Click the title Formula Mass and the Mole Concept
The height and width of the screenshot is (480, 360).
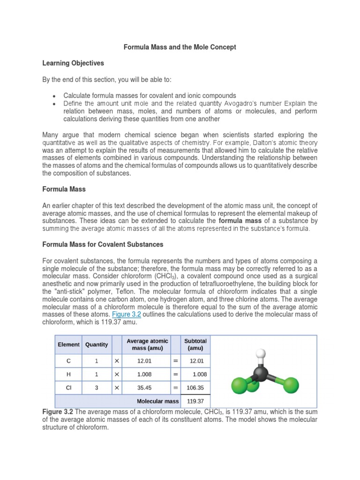click(180, 47)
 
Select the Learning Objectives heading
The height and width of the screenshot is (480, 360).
click(73, 63)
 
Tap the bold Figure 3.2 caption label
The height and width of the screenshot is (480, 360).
click(58, 412)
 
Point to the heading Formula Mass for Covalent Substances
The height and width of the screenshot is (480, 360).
click(103, 244)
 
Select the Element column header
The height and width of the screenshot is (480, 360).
click(68, 345)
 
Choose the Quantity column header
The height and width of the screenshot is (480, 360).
click(97, 345)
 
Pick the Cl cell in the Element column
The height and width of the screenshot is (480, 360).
click(68, 388)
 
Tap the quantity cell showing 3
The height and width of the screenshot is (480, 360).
click(97, 388)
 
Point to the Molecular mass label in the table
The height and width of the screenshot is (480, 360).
click(157, 401)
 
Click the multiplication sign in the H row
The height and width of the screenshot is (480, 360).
click(117, 374)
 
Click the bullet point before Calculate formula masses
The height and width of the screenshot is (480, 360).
click(55, 96)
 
